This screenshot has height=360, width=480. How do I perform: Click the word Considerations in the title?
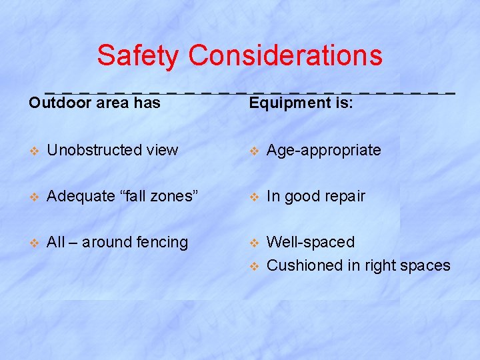(x=285, y=55)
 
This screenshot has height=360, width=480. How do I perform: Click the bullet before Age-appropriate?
(x=253, y=151)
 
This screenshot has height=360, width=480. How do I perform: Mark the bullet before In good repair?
(x=253, y=197)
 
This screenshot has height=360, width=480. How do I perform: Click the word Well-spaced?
(x=311, y=242)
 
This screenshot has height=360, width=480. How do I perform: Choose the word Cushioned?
(x=304, y=265)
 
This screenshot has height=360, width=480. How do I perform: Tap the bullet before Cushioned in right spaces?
(x=253, y=266)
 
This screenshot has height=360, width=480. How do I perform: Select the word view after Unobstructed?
(x=164, y=150)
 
